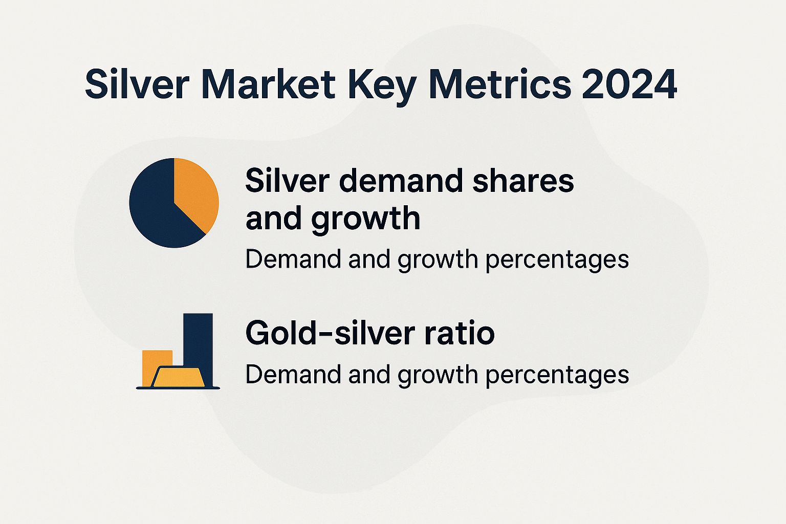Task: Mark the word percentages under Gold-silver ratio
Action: (557, 375)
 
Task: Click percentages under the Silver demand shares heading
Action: (557, 259)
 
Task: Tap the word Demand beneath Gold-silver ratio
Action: (293, 375)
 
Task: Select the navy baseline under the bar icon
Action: (178, 388)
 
